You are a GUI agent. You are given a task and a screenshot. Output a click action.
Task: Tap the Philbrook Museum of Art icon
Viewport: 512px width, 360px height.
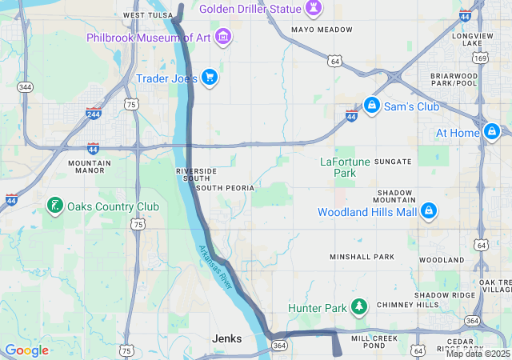pos(223,36)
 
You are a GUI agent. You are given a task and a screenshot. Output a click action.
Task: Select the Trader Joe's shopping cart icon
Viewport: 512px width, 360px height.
pos(209,77)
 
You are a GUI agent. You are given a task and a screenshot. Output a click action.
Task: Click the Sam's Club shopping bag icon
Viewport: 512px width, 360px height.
pos(371,105)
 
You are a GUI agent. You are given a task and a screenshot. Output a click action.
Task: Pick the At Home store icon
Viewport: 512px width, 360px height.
pos(491,131)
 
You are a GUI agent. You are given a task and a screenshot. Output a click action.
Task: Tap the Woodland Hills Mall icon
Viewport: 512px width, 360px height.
pos(429,210)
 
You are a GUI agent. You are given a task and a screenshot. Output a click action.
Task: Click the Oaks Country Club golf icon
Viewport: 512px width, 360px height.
pos(54,206)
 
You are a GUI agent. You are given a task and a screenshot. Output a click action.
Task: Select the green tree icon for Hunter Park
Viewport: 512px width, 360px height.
pos(359,307)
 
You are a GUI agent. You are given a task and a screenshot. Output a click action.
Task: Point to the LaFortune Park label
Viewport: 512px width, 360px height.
pos(345,166)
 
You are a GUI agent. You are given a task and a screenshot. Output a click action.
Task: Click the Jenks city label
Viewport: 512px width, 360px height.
pos(226,339)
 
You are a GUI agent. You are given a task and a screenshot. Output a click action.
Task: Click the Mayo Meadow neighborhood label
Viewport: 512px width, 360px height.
pos(322,30)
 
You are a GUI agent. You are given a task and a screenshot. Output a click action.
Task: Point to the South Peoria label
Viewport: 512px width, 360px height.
pos(225,188)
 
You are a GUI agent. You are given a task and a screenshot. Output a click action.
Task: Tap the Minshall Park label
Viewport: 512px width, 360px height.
pos(362,257)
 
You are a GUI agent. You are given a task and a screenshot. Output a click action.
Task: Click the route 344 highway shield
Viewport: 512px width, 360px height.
pos(25,86)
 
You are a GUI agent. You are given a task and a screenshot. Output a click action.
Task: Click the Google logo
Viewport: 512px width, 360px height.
pos(26,350)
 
